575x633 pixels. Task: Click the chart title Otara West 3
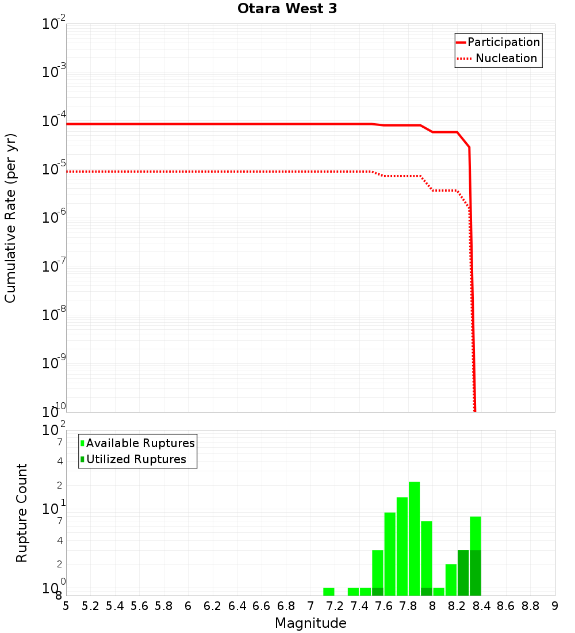click(x=287, y=9)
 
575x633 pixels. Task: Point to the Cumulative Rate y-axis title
click(x=10, y=218)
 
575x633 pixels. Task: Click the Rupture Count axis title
click(x=22, y=512)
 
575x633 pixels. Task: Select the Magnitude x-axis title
click(x=310, y=623)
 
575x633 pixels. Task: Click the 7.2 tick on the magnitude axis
click(x=335, y=606)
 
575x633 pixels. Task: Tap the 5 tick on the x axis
click(x=66, y=606)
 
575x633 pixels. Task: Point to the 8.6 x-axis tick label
click(x=506, y=606)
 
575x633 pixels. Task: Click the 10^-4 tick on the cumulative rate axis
click(x=55, y=121)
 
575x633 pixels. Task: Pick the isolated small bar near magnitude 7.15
click(x=328, y=592)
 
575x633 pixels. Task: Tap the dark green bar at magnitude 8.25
click(x=463, y=573)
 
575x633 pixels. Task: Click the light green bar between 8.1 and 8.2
click(x=451, y=579)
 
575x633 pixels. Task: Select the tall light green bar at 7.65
click(x=390, y=554)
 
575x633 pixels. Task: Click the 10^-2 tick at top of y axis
click(x=55, y=24)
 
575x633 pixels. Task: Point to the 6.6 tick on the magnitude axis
click(x=262, y=606)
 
